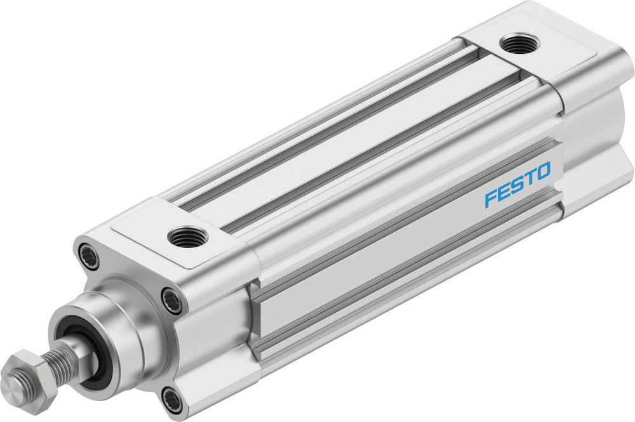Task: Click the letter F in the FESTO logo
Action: [490, 199]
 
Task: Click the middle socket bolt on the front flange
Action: [171, 300]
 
